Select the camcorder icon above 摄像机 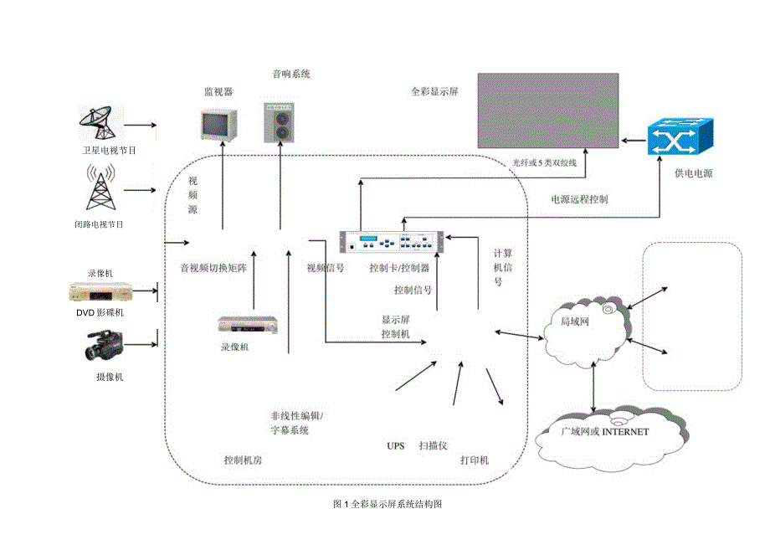[104, 345]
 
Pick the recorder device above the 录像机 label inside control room [247, 326]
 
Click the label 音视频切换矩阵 [214, 269]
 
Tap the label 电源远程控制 [579, 200]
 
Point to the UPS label [395, 446]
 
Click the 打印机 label [474, 461]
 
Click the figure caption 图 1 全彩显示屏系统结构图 [387, 505]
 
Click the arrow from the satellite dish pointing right [141, 126]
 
